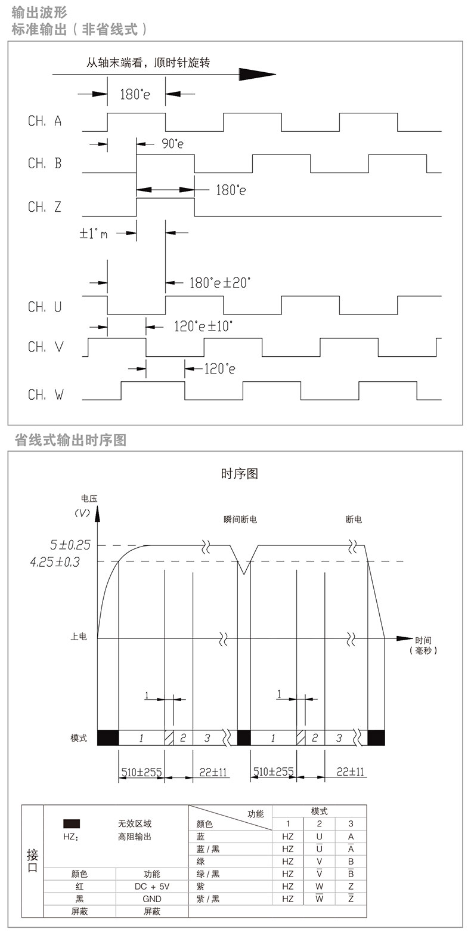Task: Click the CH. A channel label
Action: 45,121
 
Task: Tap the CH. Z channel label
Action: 45,207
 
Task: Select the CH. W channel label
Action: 45,394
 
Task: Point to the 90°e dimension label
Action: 172,144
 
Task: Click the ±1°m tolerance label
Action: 94,233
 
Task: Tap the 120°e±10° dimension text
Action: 203,326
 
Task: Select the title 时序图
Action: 239,474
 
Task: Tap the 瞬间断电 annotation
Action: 237,520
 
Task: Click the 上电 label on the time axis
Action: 79,637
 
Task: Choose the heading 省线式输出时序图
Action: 70,440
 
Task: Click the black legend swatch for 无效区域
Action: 72,823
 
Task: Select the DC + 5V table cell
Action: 152,886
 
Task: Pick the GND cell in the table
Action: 152,899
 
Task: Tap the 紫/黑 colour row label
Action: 208,899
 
